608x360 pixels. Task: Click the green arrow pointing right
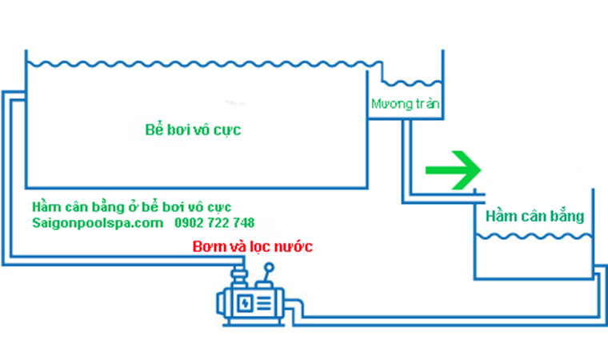click(x=453, y=170)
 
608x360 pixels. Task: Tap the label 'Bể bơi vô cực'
click(x=193, y=129)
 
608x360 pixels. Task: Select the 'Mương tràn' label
click(x=406, y=104)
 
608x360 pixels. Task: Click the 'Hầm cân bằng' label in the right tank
click(x=534, y=216)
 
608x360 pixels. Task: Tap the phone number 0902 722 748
click(x=215, y=222)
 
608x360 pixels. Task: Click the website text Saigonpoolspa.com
click(x=98, y=222)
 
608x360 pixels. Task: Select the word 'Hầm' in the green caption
click(x=46, y=206)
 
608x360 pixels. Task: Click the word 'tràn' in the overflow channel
click(x=427, y=104)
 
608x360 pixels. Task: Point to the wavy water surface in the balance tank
click(x=534, y=236)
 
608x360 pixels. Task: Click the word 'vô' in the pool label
click(x=213, y=129)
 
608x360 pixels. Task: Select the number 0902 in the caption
click(x=187, y=222)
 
